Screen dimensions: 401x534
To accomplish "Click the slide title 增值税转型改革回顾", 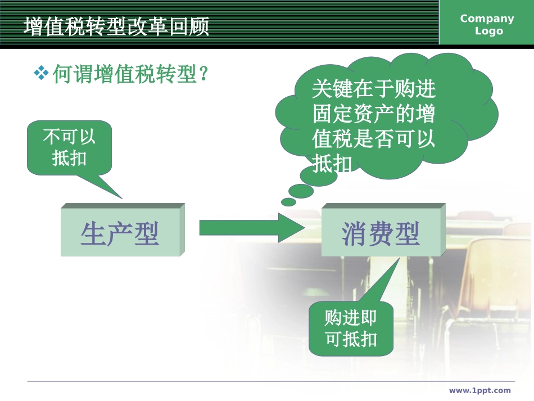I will click(116, 26).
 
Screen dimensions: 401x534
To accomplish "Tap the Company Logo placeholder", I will click(487, 25).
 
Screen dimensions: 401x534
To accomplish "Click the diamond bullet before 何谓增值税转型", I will click(41, 73).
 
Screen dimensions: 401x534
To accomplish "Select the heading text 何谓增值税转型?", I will click(130, 74).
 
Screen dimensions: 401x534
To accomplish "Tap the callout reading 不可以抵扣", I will click(69, 147).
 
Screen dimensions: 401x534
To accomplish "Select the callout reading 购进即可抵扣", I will click(351, 329).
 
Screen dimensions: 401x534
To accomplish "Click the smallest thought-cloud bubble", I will click(288, 201).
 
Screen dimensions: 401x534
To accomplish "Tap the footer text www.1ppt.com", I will click(479, 390).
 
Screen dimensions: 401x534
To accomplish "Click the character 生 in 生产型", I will click(93, 233).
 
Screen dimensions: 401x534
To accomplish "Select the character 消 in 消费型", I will click(355, 233).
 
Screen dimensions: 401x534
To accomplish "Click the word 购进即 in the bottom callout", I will click(351, 318).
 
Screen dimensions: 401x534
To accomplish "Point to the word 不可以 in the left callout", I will click(69, 137).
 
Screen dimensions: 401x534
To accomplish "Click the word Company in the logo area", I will click(487, 19).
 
